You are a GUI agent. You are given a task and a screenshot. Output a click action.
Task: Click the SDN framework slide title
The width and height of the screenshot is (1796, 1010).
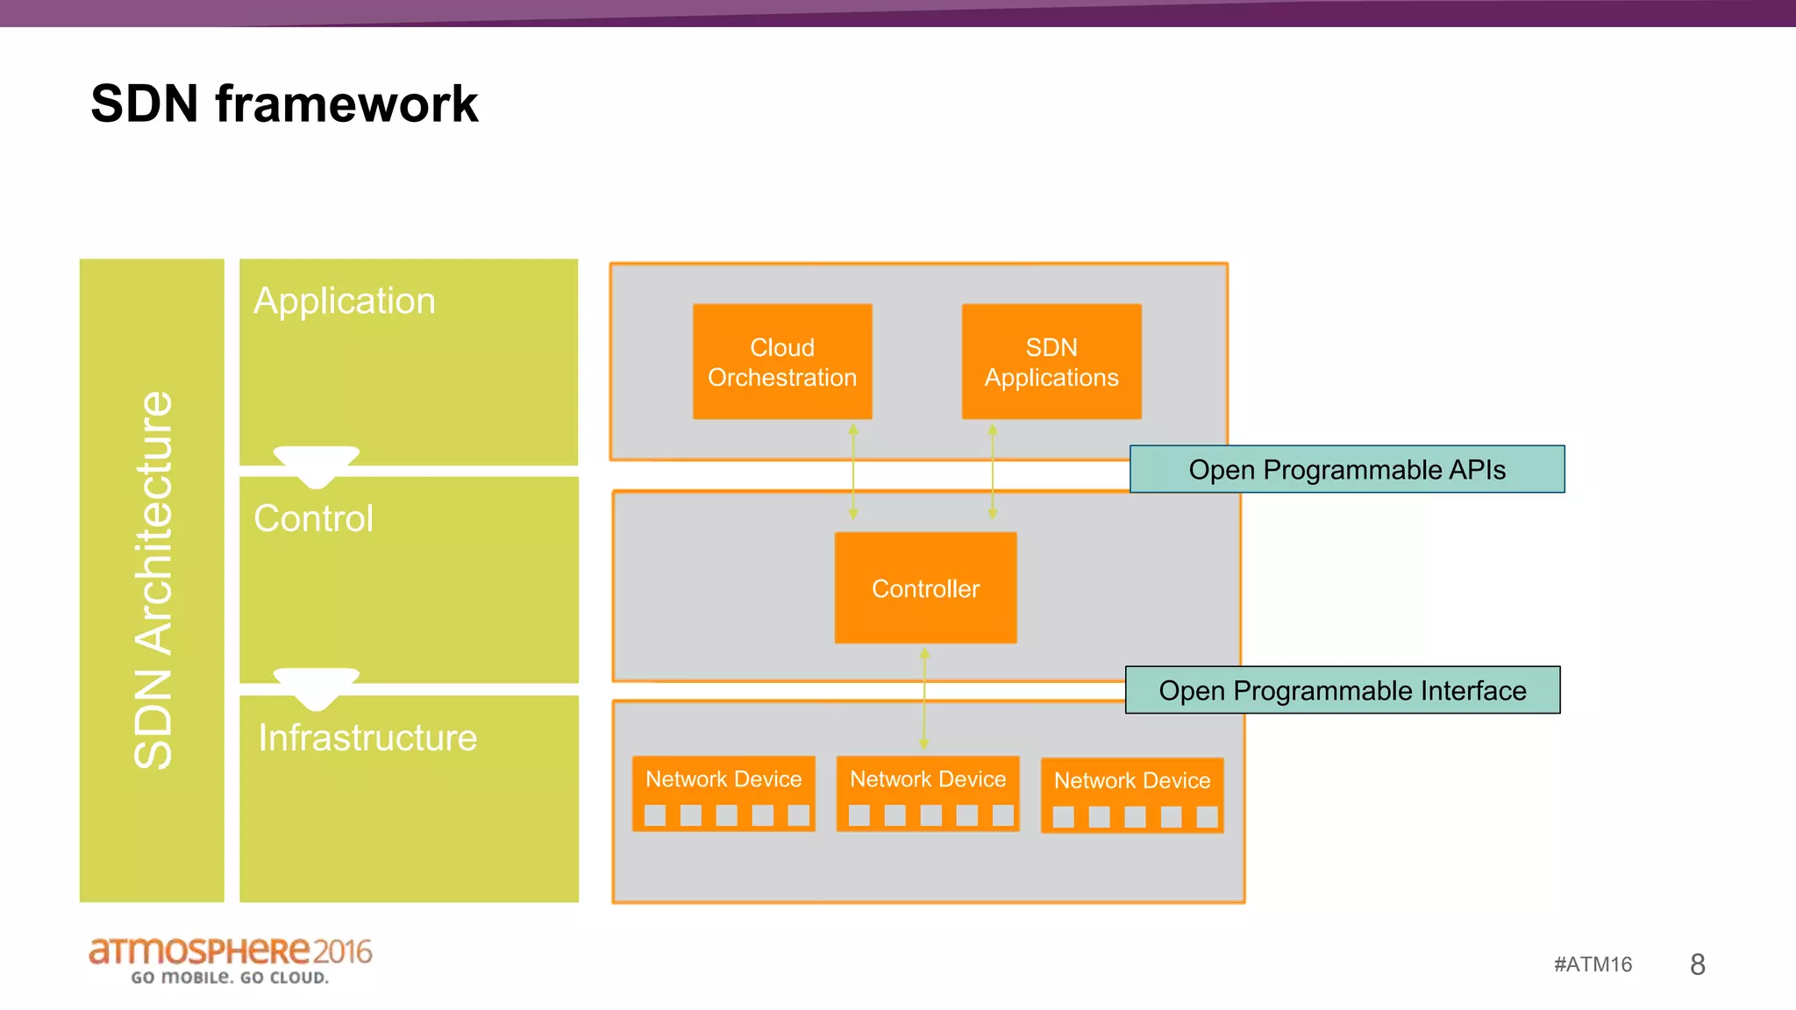284,103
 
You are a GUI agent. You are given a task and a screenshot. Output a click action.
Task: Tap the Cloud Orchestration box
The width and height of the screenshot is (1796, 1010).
782,361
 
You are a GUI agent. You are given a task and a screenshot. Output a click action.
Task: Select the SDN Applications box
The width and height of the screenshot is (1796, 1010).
1051,361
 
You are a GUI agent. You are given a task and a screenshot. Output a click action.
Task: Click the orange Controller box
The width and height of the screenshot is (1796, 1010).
925,587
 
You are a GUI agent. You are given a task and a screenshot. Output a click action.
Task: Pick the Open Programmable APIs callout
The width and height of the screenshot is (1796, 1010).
1346,469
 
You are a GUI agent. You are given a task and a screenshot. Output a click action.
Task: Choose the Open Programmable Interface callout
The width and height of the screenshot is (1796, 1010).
1342,690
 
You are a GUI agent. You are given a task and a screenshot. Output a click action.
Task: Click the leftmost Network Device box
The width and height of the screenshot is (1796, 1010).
723,793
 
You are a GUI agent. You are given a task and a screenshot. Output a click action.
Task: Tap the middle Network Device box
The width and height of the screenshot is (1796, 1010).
928,793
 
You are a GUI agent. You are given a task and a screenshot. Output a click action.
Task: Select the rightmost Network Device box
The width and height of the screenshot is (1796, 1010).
1132,795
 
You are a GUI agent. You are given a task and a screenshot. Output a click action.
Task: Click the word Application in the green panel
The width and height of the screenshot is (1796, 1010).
344,301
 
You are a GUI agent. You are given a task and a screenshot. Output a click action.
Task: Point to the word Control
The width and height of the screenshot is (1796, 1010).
313,518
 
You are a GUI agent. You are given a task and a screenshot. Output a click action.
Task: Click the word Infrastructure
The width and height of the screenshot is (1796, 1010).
367,737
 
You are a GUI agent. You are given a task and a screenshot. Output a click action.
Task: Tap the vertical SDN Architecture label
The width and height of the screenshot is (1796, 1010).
153,580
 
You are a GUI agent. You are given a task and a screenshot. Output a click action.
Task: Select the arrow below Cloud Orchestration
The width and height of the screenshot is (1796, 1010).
853,472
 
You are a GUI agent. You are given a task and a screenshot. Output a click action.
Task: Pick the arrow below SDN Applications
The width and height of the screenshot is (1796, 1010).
993,472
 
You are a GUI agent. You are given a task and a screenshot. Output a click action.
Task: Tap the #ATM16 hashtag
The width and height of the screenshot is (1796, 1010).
1593,964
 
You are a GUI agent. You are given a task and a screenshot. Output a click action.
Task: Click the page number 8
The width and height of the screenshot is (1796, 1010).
1697,964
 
